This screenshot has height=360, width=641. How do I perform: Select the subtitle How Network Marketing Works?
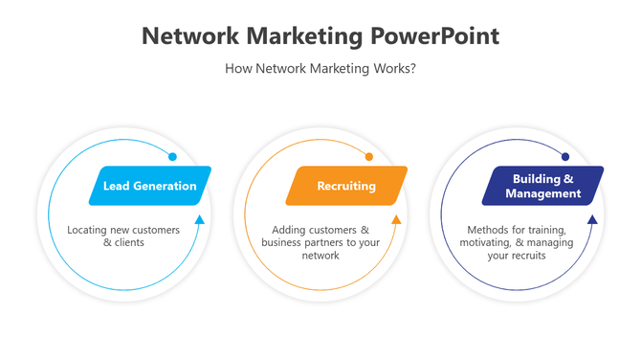tap(320, 69)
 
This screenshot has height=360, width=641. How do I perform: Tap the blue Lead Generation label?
tap(149, 186)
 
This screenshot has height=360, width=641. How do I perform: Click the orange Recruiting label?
tap(346, 186)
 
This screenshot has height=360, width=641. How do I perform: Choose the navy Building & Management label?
tap(542, 186)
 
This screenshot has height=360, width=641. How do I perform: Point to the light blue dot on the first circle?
tap(172, 156)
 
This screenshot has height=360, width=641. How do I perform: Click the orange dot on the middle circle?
tap(369, 156)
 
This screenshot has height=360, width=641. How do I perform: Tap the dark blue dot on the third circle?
tap(565, 156)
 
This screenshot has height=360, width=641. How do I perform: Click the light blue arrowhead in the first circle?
tap(200, 219)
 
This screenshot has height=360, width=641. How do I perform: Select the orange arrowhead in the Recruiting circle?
tap(396, 219)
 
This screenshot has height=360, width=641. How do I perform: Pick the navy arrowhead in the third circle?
tap(592, 219)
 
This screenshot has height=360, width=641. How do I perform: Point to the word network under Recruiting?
tap(320, 256)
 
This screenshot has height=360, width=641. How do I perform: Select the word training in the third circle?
tap(546, 231)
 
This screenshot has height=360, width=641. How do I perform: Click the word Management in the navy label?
tap(542, 193)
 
